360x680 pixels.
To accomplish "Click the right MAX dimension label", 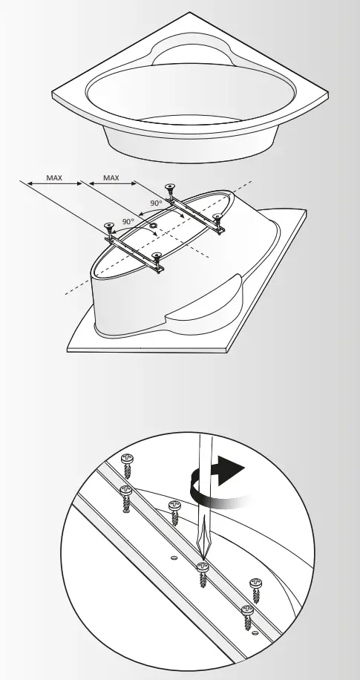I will (x=110, y=178).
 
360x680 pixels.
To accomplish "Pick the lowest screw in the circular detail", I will (x=248, y=613).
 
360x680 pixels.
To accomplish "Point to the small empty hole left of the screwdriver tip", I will (x=172, y=555).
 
